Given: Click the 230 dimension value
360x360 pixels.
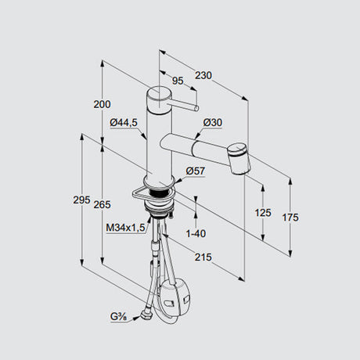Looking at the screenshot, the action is (x=203, y=75).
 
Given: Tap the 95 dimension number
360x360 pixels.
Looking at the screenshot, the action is (x=178, y=81).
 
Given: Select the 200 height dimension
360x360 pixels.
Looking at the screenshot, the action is (x=102, y=104).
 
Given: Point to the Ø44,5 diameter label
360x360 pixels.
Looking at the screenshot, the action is (x=124, y=122).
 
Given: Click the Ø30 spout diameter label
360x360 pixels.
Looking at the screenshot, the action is (x=213, y=122).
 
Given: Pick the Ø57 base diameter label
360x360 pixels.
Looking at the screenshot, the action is (x=196, y=171).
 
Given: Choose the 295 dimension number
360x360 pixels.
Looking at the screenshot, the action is (x=81, y=200).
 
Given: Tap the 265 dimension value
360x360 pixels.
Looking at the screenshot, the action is (x=102, y=205).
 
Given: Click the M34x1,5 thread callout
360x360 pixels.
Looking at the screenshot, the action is (x=125, y=228).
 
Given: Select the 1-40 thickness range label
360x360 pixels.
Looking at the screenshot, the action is (x=196, y=233).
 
